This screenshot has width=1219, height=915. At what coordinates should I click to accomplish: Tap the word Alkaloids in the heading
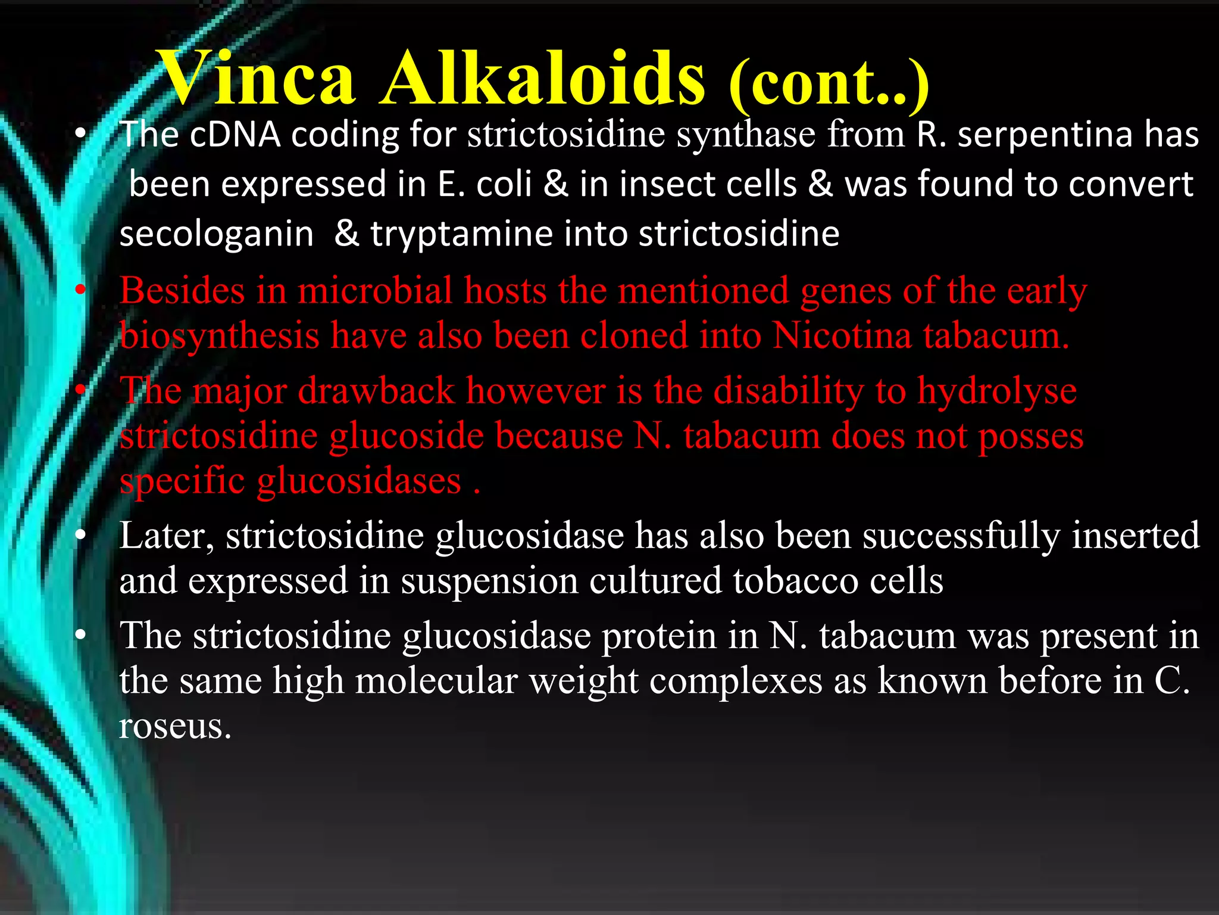click(543, 79)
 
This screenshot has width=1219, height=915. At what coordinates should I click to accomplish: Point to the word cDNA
click(236, 135)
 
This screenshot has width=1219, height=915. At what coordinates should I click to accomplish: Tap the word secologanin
click(217, 235)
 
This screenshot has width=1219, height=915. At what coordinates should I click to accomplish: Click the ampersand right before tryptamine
click(346, 234)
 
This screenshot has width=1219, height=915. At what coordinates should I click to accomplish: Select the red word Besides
click(182, 292)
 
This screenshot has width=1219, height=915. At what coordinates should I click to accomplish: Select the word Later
click(167, 536)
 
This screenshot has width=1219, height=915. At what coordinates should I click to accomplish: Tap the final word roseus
click(174, 727)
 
